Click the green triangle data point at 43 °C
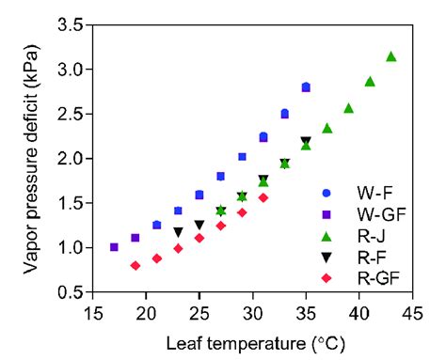coord(390,56)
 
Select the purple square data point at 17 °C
coord(114,247)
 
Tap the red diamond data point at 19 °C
coord(135,266)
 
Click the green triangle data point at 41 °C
coord(370,82)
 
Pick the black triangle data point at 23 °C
coord(178,232)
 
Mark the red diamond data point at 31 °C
coord(263,197)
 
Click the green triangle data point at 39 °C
coord(348,108)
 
